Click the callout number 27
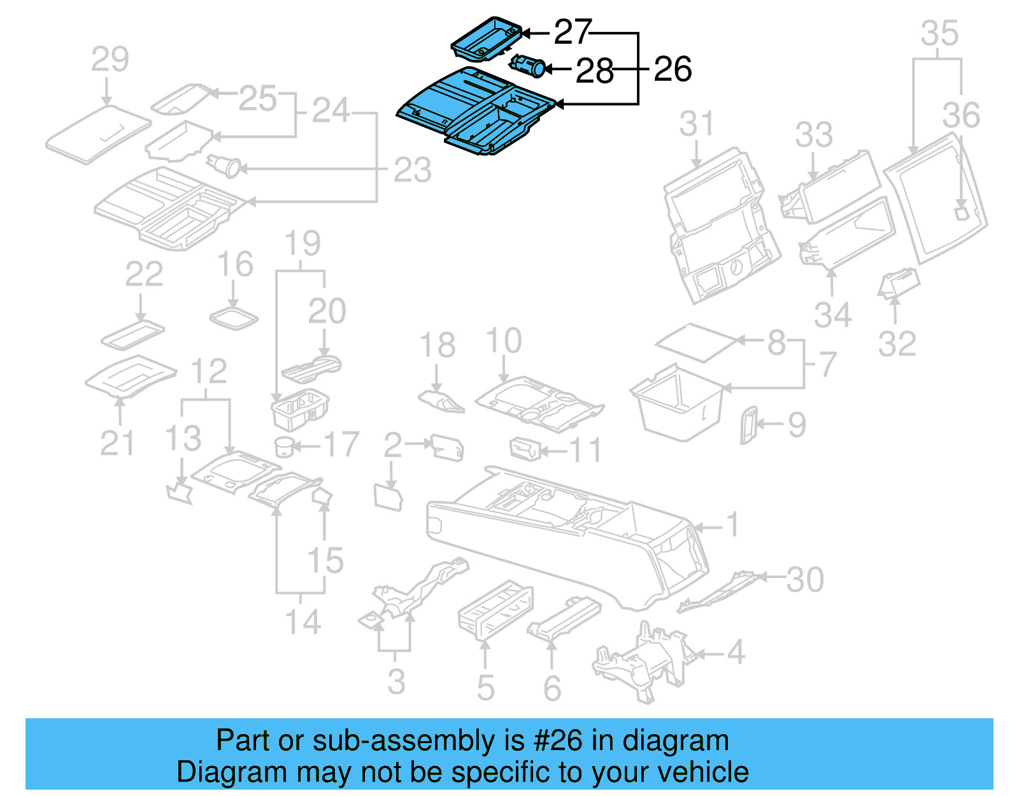pyautogui.click(x=572, y=32)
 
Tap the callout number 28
pyautogui.click(x=594, y=71)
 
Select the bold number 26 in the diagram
pyautogui.click(x=673, y=69)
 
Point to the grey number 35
pyautogui.click(x=939, y=33)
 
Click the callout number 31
pyautogui.click(x=696, y=124)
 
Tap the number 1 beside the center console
pyautogui.click(x=733, y=525)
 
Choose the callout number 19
pyautogui.click(x=302, y=243)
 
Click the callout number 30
pyautogui.click(x=804, y=579)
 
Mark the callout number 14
pyautogui.click(x=302, y=621)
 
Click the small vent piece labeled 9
pyautogui.click(x=748, y=424)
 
